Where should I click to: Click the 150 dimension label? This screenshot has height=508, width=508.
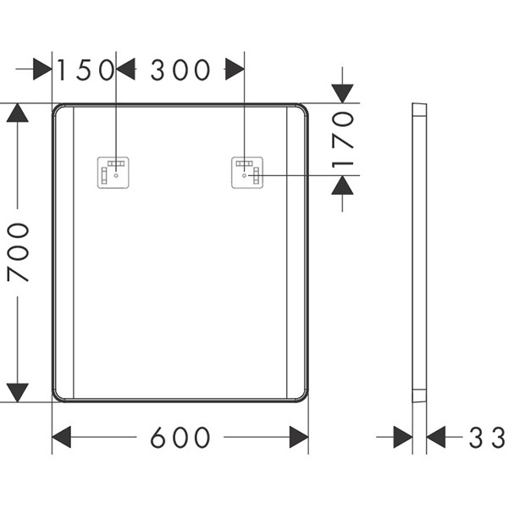pos(86,69)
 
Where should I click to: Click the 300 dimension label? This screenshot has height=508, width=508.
pos(180,69)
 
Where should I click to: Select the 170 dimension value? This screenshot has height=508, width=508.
pos(343,140)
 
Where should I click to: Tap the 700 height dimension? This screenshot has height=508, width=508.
pos(18,252)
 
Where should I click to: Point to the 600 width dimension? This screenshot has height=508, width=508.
pos(180,438)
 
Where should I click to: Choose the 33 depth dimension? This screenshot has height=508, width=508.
pos(487,438)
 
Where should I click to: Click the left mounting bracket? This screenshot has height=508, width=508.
pos(113,173)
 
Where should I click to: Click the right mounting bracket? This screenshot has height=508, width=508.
pos(247,173)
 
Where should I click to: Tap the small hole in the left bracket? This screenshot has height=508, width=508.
pos(116,175)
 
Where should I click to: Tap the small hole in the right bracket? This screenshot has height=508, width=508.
pos(245,175)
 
